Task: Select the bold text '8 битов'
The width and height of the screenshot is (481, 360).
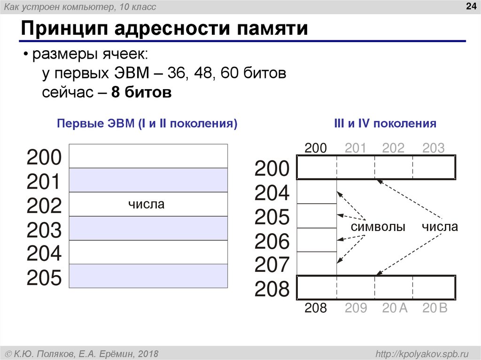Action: (141, 92)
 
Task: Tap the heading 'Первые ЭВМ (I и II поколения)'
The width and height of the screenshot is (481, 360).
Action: (147, 124)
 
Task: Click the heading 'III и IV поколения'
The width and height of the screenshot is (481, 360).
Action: (385, 124)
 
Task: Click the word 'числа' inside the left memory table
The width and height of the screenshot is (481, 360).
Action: (147, 204)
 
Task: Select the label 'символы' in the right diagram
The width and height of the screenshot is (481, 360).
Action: (378, 227)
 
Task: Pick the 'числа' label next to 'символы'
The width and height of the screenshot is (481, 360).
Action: (439, 227)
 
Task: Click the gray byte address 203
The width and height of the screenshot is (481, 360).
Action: (433, 148)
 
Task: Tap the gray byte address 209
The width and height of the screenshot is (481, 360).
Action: (356, 308)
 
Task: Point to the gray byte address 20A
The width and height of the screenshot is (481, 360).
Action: (394, 308)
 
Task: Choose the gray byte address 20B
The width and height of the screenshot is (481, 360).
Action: (435, 308)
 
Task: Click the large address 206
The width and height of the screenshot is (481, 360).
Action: (272, 242)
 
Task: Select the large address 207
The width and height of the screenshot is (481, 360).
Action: (272, 266)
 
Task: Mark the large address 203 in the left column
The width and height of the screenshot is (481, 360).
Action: (44, 230)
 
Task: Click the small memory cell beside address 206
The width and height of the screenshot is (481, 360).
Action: (317, 240)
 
